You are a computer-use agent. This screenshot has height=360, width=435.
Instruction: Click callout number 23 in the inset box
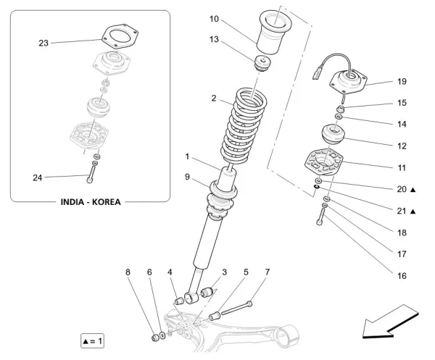click(x=43, y=43)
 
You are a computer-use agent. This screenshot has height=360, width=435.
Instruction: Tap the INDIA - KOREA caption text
click(x=90, y=202)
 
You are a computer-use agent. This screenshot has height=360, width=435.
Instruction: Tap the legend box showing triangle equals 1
click(x=93, y=340)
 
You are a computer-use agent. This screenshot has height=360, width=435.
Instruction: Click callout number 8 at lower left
click(x=128, y=272)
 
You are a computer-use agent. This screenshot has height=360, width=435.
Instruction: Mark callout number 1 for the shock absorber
click(x=186, y=156)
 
